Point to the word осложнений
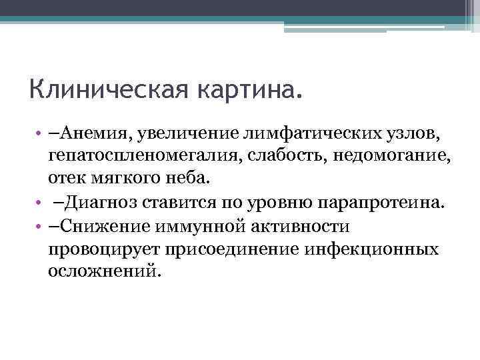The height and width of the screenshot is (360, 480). [103, 271]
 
